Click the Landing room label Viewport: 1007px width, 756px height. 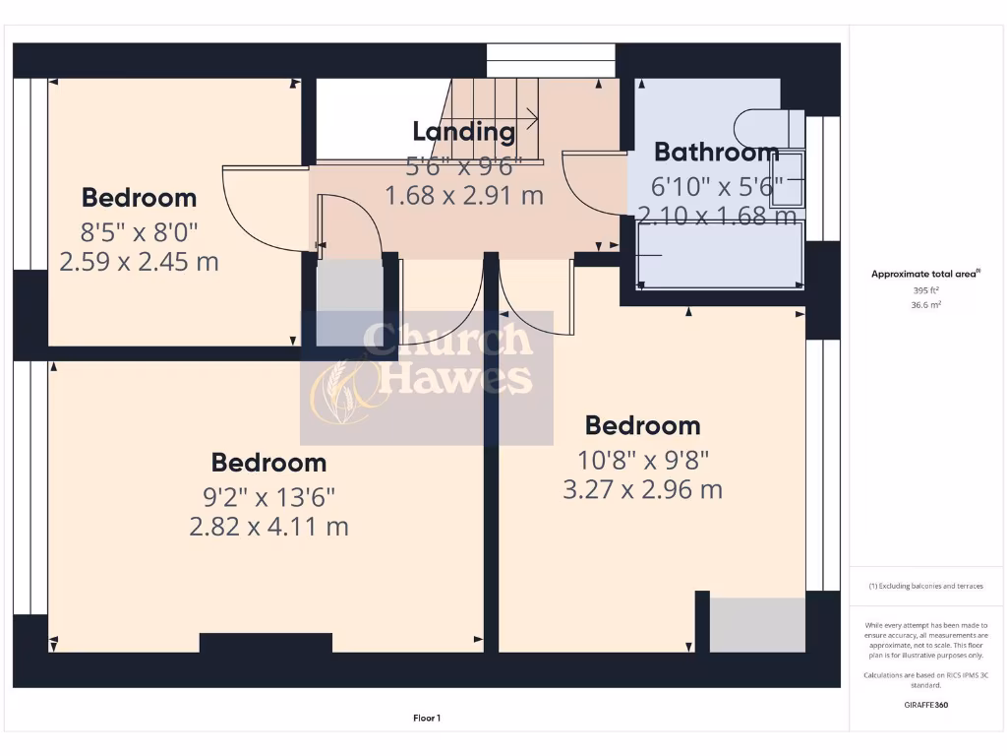(x=463, y=131)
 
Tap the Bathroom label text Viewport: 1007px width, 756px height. (x=716, y=153)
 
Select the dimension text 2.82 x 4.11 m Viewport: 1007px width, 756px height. (x=268, y=527)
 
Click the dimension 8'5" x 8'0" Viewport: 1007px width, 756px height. (x=139, y=232)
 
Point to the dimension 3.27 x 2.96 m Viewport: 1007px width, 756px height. (x=642, y=489)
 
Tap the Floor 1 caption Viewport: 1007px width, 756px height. (x=426, y=719)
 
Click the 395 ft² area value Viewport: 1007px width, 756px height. (x=925, y=291)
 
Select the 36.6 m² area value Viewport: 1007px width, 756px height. (x=925, y=305)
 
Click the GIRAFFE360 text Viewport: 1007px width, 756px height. (x=925, y=705)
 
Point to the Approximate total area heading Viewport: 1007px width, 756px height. (x=925, y=275)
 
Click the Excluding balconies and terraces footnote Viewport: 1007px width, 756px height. (x=925, y=586)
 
